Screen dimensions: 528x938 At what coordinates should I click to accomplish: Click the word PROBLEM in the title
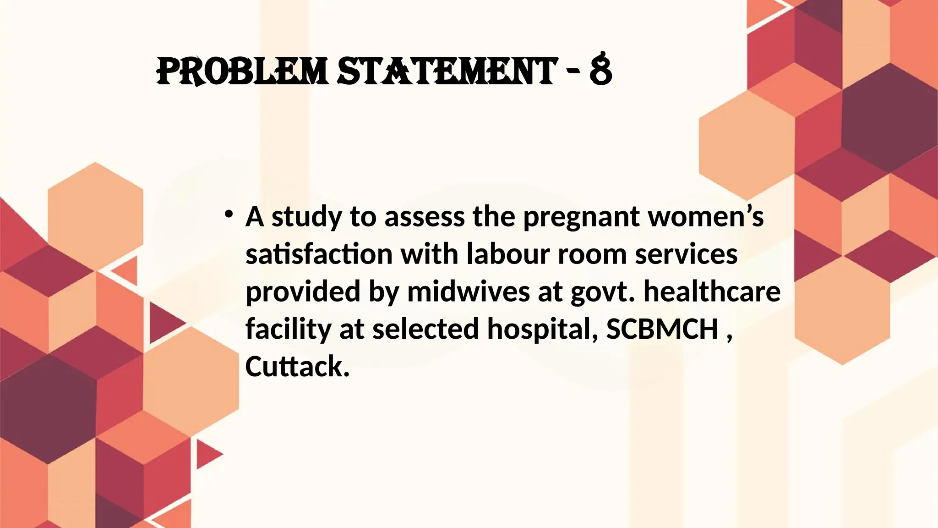pyautogui.click(x=242, y=71)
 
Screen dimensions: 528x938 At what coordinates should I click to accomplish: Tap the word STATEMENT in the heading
pyautogui.click(x=447, y=71)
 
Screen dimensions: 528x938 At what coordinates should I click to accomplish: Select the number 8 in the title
pyautogui.click(x=600, y=71)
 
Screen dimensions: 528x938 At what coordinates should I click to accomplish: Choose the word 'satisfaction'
pyautogui.click(x=319, y=254)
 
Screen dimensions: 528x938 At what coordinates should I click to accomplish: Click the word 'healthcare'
pyautogui.click(x=712, y=292)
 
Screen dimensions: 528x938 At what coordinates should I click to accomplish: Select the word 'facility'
pyautogui.click(x=288, y=330)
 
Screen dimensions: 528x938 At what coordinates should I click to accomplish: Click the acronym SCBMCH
pyautogui.click(x=662, y=329)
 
